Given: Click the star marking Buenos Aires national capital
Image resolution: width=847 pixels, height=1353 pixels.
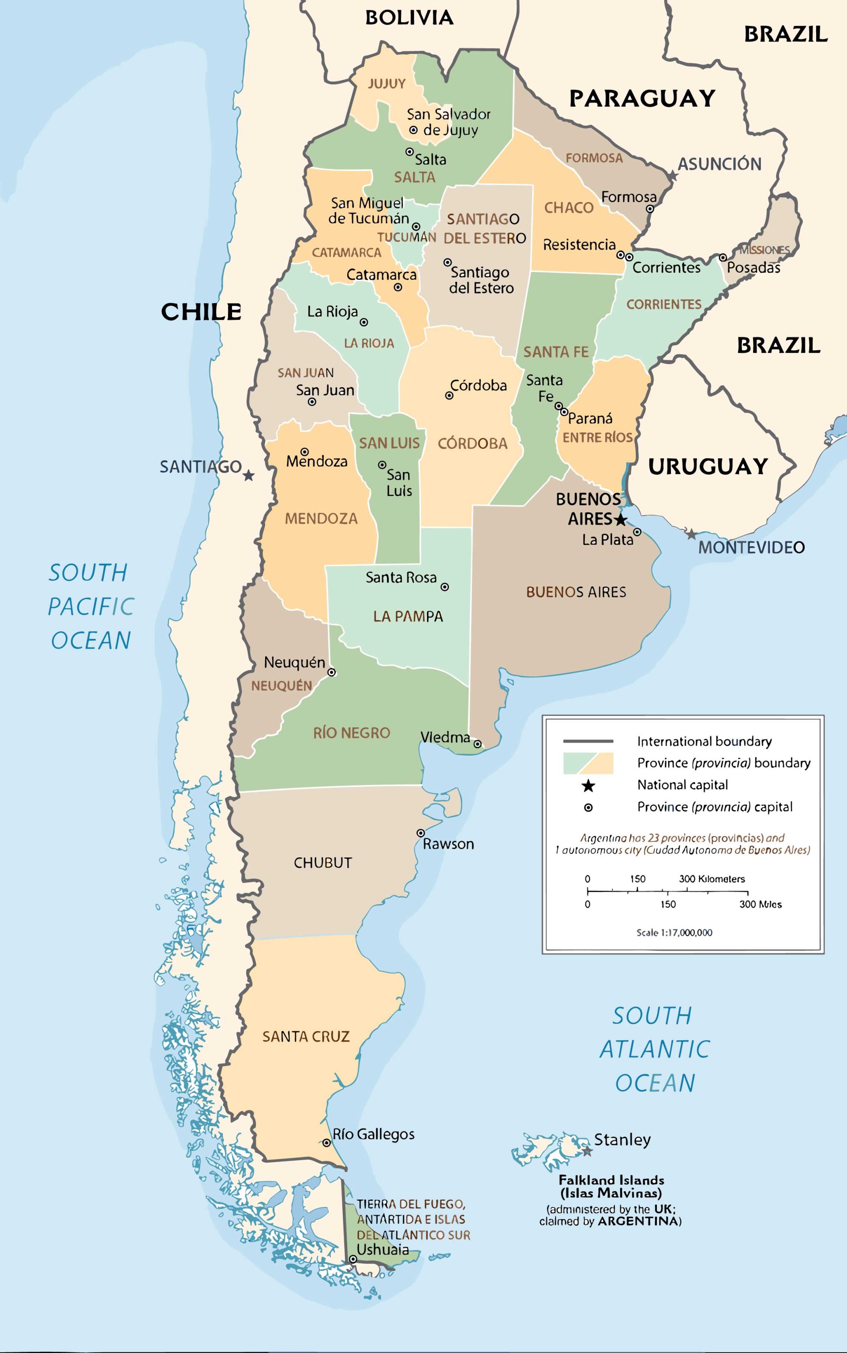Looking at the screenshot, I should click(x=620, y=519).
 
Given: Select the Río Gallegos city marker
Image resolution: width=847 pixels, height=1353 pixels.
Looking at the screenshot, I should click(x=326, y=1143).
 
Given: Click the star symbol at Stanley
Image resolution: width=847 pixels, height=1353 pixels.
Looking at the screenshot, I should click(x=587, y=1151).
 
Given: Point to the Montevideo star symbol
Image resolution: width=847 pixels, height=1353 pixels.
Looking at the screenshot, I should click(x=692, y=534).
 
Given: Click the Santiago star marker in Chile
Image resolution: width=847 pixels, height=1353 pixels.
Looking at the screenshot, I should click(x=249, y=475).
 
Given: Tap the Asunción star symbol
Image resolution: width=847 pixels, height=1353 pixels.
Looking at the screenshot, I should click(x=673, y=176).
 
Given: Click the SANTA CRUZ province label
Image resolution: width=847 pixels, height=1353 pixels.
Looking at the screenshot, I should click(x=306, y=1037).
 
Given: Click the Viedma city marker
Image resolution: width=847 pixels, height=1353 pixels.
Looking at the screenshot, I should click(x=477, y=744).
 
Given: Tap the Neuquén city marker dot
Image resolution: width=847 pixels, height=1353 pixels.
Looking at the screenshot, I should click(x=332, y=672).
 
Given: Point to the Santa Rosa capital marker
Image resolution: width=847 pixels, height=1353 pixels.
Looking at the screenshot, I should click(x=445, y=587).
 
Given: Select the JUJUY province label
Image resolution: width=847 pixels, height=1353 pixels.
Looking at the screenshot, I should click(x=386, y=84).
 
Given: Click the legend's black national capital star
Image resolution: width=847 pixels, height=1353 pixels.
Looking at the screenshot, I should click(x=588, y=785).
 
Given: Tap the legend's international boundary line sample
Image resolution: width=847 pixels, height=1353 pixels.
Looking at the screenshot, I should click(x=588, y=741).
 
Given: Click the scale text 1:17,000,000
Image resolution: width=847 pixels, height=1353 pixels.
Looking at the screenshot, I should click(x=674, y=932).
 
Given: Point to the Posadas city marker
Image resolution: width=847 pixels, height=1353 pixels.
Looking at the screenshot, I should click(x=723, y=258).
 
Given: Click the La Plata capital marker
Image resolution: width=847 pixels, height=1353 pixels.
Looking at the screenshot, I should click(x=637, y=532).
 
